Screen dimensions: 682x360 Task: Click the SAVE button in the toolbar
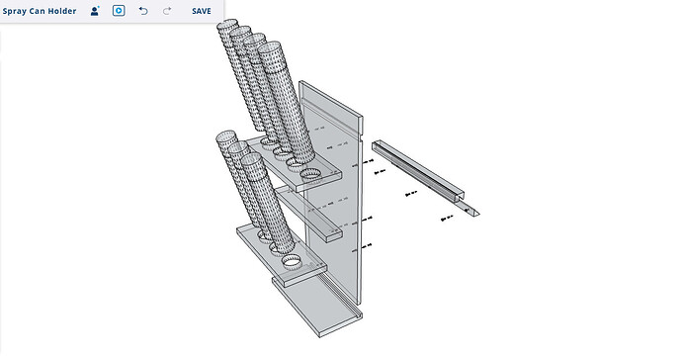pyautogui.click(x=202, y=11)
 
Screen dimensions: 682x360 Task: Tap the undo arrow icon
pyautogui.click(x=143, y=11)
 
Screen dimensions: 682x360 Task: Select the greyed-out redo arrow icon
pyautogui.click(x=167, y=11)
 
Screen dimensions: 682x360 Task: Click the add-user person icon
pyautogui.click(x=95, y=11)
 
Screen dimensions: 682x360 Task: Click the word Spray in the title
pyautogui.click(x=15, y=11)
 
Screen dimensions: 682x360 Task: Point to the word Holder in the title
pyautogui.click(x=61, y=11)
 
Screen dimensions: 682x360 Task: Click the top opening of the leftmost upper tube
pyautogui.click(x=227, y=24)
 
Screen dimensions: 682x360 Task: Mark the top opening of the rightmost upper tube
pyautogui.click(x=269, y=47)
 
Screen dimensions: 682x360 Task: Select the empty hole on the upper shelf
pyautogui.click(x=310, y=174)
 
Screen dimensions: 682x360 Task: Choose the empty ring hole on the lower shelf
pyautogui.click(x=291, y=262)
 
